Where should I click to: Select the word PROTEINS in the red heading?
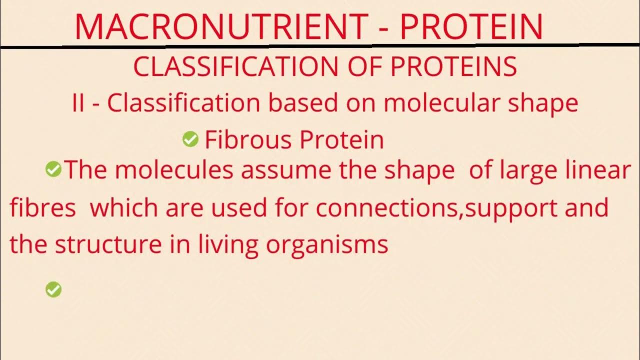[x=453, y=67]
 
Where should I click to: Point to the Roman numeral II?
[x=78, y=103]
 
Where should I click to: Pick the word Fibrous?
[x=240, y=140]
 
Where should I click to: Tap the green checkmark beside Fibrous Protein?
[x=190, y=139]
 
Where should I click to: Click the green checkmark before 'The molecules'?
[x=53, y=170]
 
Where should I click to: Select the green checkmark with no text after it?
[x=53, y=289]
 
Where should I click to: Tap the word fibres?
[x=42, y=207]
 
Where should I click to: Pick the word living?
[x=224, y=244]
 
